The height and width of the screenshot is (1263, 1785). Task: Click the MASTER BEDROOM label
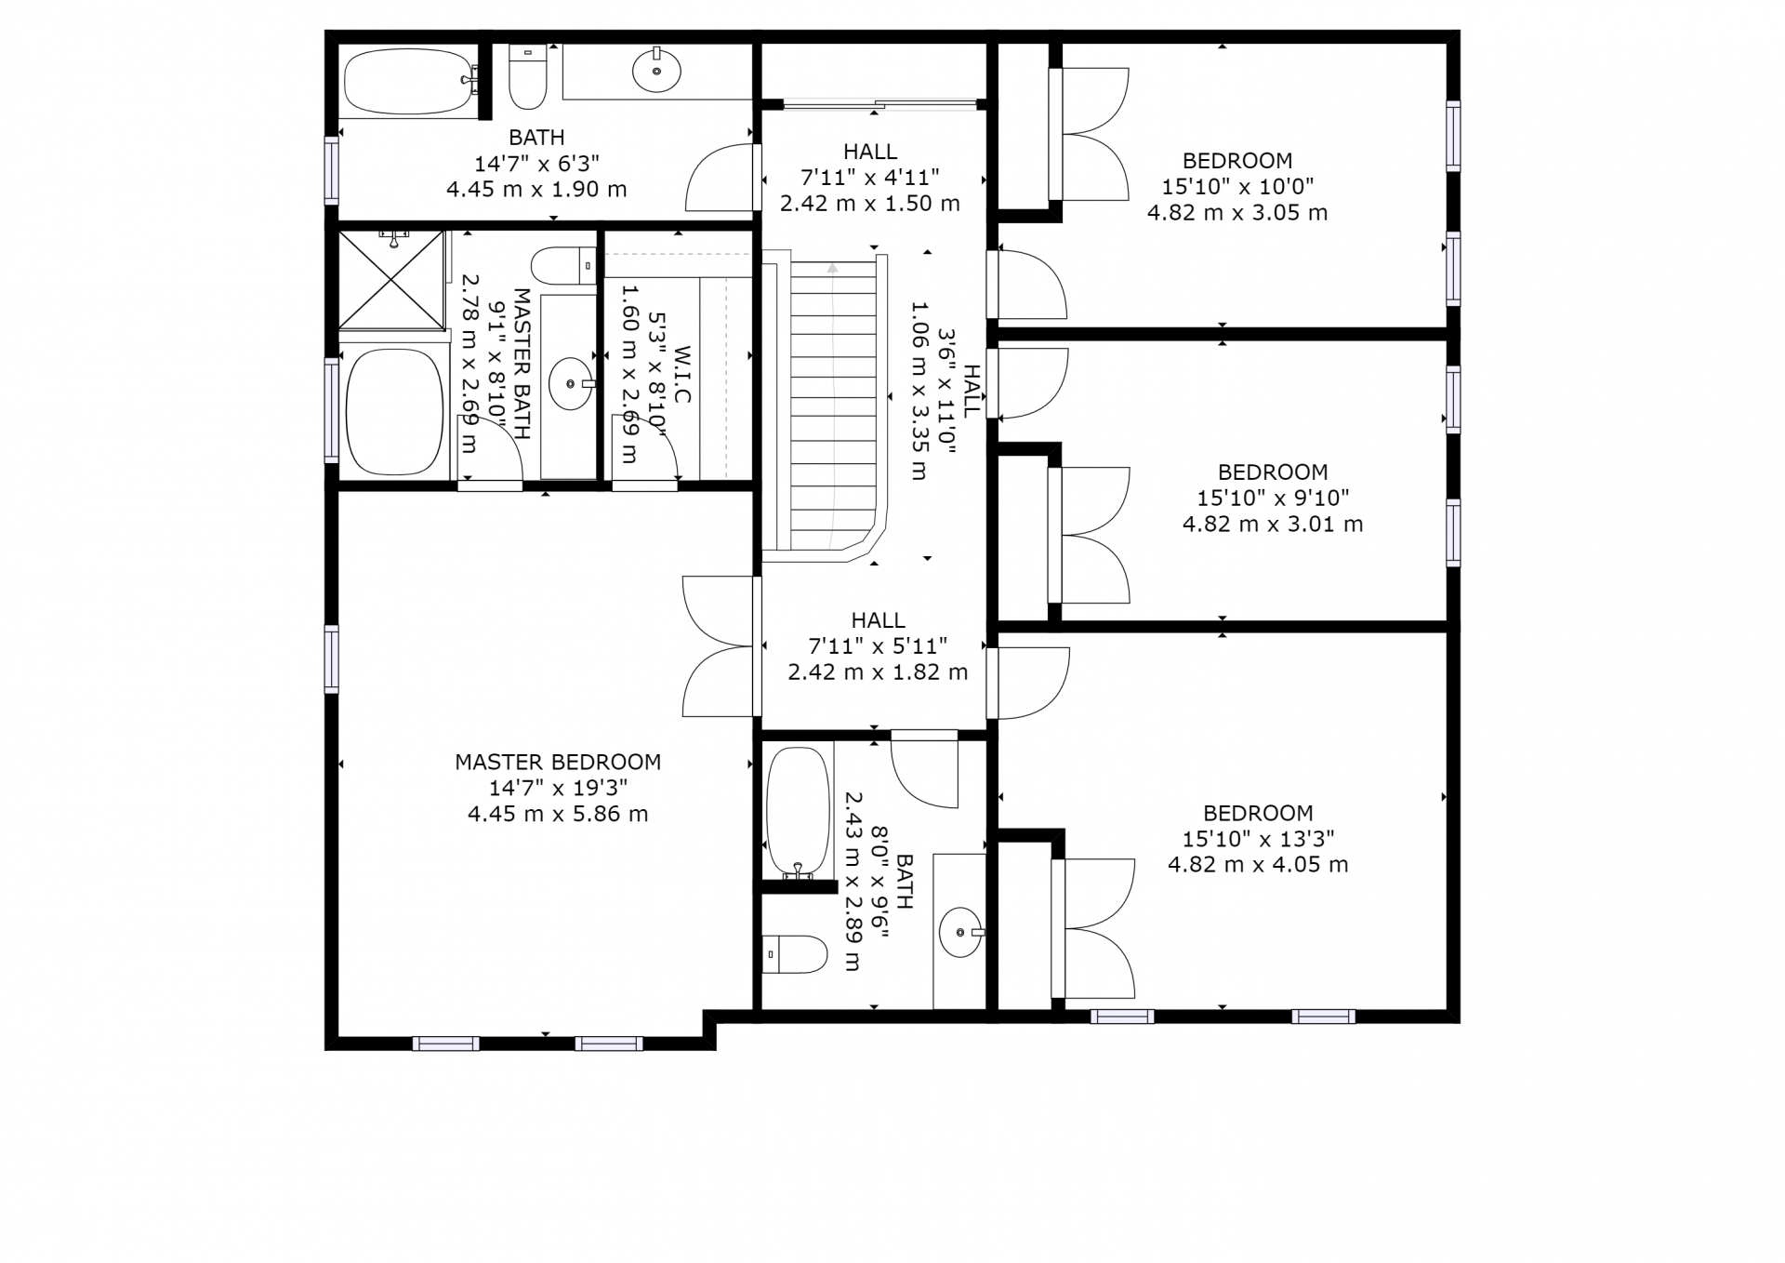(558, 762)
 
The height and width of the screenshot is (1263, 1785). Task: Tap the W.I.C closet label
(682, 375)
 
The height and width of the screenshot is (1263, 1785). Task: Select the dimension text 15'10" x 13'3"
(1258, 839)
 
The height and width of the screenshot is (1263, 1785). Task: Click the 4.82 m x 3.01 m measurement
(1273, 525)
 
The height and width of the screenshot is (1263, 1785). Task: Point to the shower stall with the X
(391, 280)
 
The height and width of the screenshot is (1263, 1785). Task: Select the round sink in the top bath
(656, 70)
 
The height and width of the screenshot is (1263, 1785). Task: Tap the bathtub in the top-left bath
(409, 81)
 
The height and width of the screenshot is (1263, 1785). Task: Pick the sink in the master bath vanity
(571, 383)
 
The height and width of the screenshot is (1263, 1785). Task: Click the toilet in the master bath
(563, 266)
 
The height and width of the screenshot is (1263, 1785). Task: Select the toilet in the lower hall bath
(795, 954)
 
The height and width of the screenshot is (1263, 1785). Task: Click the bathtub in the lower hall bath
(798, 812)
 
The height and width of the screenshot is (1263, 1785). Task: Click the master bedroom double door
(718, 646)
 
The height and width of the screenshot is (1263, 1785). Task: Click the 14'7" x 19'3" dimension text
(558, 788)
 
